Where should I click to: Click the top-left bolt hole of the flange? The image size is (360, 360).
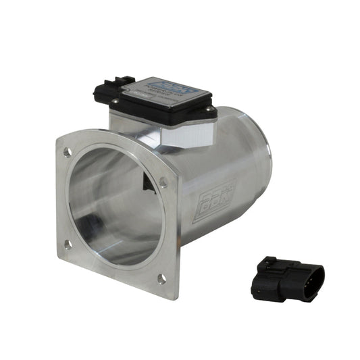[68, 152]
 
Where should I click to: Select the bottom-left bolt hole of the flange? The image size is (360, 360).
[68, 245]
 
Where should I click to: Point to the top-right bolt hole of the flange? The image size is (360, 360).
[163, 181]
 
